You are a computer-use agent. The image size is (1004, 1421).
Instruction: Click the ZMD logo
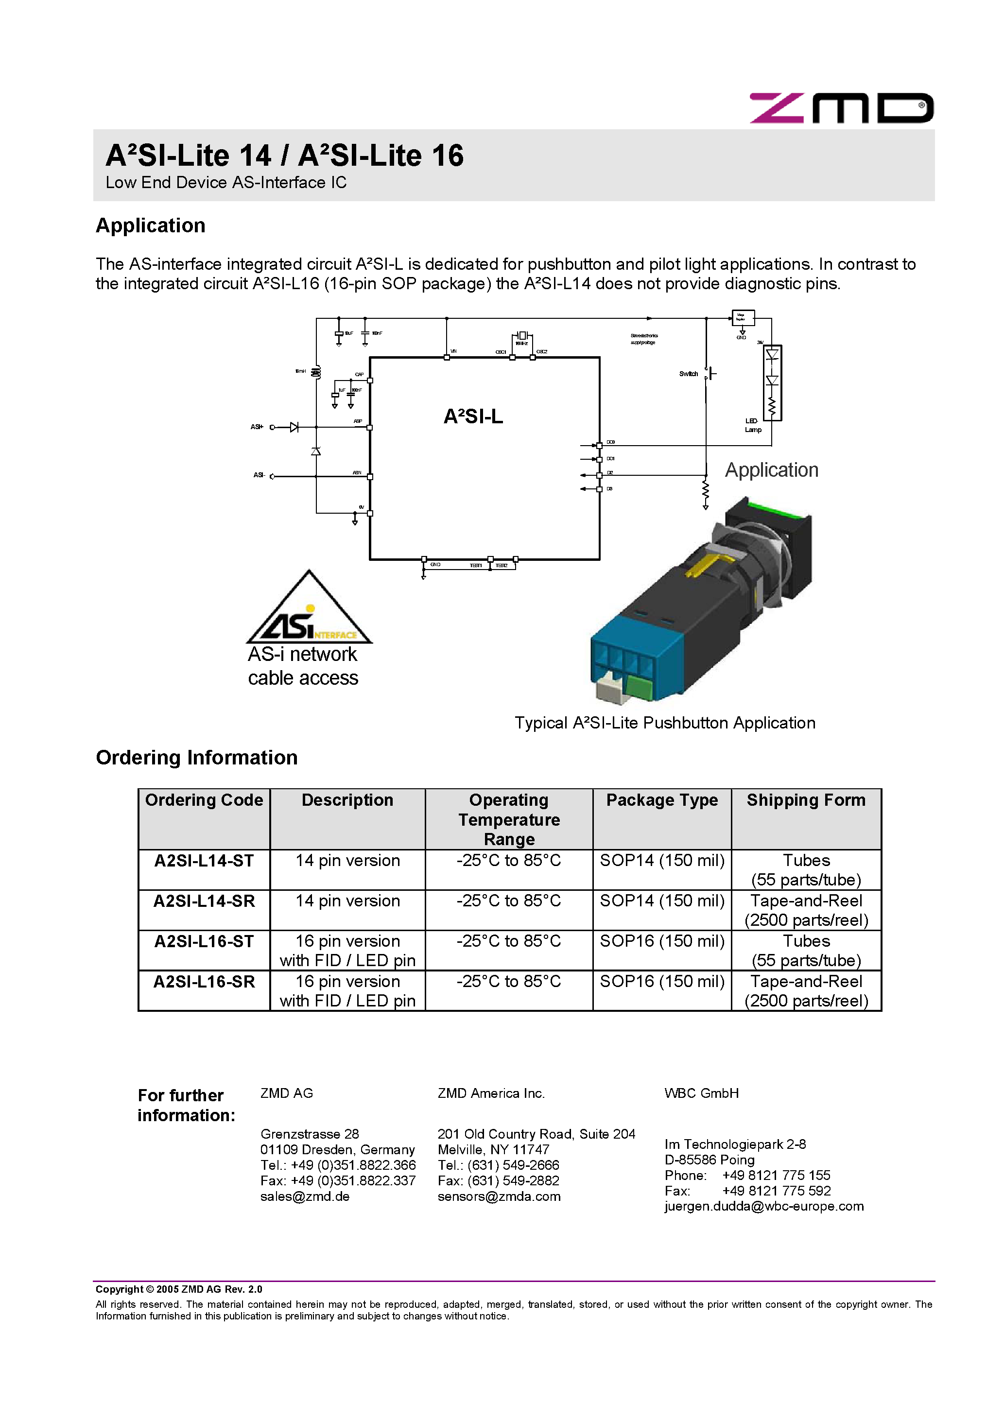click(841, 108)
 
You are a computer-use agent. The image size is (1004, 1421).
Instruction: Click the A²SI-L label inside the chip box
click(473, 416)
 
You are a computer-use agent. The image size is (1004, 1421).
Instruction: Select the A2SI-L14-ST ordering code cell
click(204, 861)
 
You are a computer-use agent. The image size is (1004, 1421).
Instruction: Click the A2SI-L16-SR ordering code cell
click(204, 982)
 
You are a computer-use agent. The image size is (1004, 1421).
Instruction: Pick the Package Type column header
click(662, 800)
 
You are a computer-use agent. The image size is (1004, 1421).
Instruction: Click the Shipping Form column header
click(805, 800)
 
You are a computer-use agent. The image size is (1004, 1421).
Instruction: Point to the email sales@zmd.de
click(305, 1196)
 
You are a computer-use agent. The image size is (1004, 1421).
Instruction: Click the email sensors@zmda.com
click(499, 1196)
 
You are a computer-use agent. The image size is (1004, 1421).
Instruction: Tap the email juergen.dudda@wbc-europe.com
click(764, 1206)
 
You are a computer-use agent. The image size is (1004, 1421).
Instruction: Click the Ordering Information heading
click(196, 758)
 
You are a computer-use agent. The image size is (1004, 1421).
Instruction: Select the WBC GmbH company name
click(701, 1093)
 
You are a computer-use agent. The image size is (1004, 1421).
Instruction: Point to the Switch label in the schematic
click(688, 374)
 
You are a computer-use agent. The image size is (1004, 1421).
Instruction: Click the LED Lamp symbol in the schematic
click(772, 382)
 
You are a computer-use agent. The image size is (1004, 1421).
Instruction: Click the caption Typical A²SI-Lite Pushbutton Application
click(665, 723)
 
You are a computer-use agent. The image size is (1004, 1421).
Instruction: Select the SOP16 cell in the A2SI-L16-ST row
click(662, 941)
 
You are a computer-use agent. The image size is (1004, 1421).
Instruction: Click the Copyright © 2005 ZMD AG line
click(178, 1289)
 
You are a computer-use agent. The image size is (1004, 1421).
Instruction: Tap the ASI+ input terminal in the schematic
click(272, 427)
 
